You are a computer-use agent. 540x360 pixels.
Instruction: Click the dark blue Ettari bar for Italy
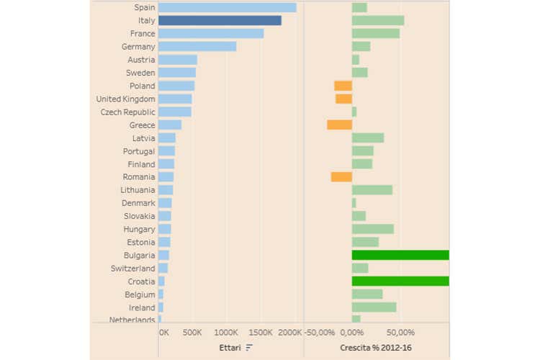tap(220, 21)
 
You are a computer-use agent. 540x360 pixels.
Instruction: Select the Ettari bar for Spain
tap(227, 7)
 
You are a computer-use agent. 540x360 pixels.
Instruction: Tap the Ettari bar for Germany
tap(197, 47)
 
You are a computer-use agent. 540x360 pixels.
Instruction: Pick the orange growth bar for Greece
tap(339, 125)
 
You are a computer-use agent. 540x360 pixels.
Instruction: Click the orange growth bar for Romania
tap(341, 176)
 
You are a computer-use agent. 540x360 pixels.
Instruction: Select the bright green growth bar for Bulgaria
tap(400, 255)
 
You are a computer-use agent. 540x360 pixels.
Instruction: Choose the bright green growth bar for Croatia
tap(400, 281)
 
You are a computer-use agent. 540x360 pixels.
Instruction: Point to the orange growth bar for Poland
tap(343, 86)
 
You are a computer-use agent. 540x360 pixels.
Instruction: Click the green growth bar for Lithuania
tap(372, 190)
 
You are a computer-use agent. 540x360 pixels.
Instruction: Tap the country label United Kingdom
tap(125, 99)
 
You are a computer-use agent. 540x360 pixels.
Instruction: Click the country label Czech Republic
tap(127, 112)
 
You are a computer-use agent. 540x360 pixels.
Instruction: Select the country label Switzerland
tap(133, 268)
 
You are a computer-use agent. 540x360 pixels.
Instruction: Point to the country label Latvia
tap(143, 138)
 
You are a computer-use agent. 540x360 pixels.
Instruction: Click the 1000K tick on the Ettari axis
tap(226, 333)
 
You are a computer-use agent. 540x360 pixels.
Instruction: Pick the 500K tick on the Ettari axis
tap(192, 333)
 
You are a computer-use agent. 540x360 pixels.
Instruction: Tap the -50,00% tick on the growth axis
tap(320, 333)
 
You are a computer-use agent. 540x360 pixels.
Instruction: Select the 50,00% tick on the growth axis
tap(400, 333)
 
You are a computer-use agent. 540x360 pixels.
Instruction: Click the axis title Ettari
tap(230, 348)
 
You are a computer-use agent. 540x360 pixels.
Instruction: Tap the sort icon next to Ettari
tap(249, 348)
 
